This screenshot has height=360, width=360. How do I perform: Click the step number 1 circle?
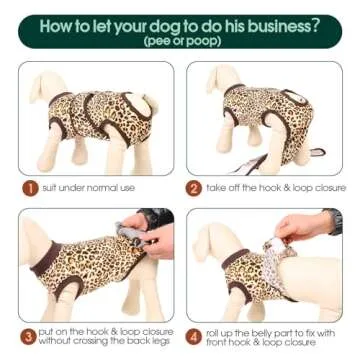[31, 188]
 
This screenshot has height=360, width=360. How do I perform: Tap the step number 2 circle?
[194, 188]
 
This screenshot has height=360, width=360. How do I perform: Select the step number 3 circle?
[29, 337]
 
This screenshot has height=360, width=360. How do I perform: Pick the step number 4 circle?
[194, 337]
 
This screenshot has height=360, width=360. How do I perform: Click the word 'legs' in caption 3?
[163, 341]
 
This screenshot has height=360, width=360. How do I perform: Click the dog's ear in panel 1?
[37, 87]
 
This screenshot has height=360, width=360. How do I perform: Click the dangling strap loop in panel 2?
[317, 152]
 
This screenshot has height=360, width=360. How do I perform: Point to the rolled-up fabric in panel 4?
[275, 263]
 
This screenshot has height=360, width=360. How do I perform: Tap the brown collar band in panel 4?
[235, 258]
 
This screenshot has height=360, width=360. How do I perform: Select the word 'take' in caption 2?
[215, 188]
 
